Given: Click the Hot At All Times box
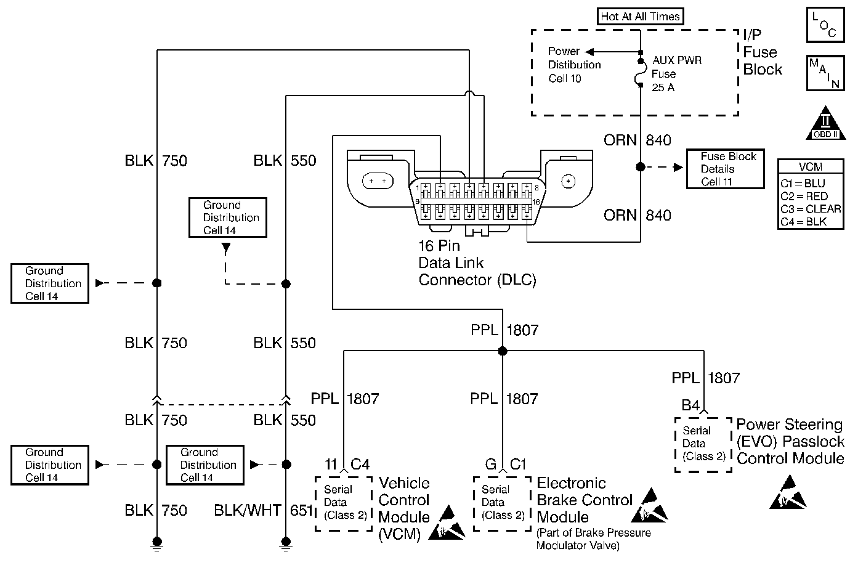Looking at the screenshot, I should pyautogui.click(x=641, y=17).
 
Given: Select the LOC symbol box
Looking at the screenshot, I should pyautogui.click(x=825, y=25).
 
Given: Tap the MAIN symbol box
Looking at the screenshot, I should pyautogui.click(x=825, y=73).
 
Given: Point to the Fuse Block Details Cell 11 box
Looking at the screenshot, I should pyautogui.click(x=725, y=169).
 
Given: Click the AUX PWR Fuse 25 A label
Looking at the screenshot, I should pyautogui.click(x=676, y=74).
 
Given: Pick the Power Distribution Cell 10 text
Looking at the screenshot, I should pyautogui.click(x=574, y=65).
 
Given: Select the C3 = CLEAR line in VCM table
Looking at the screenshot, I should pyautogui.click(x=810, y=209).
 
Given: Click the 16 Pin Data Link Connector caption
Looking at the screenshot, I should pyautogui.click(x=477, y=263).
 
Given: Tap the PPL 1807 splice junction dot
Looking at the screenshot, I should pyautogui.click(x=503, y=351).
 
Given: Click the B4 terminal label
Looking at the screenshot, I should pyautogui.click(x=690, y=405).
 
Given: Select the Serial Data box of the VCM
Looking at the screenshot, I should pyautogui.click(x=344, y=503).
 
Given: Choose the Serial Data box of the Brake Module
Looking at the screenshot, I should pyautogui.click(x=501, y=503).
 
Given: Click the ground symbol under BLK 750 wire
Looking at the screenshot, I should pyautogui.click(x=157, y=543).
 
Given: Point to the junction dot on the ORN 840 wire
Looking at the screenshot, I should pyautogui.click(x=641, y=167).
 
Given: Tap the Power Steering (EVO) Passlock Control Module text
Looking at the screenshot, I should pyautogui.click(x=790, y=442).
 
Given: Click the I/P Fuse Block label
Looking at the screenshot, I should pyautogui.click(x=762, y=52).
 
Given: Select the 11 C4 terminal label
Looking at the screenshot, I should pyautogui.click(x=347, y=464).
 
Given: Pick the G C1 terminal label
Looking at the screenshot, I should pyautogui.click(x=505, y=464).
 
